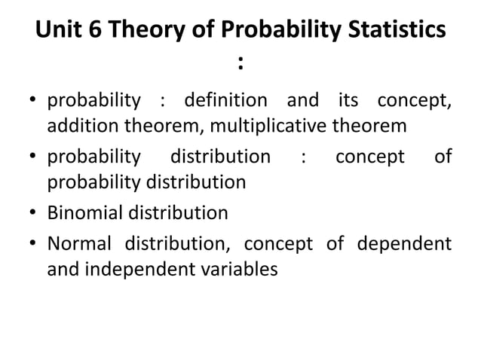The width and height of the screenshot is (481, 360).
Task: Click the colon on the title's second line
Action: (x=240, y=65)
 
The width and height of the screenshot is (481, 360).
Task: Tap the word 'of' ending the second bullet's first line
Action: (x=444, y=157)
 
